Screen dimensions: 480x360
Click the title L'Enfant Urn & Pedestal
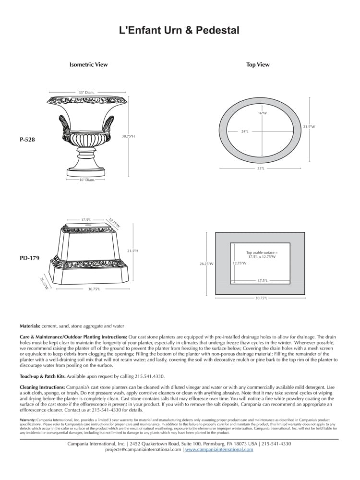point(179,31)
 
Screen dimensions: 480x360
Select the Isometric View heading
point(89,64)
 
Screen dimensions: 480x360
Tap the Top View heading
point(258,65)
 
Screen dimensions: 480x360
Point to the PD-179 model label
point(29,258)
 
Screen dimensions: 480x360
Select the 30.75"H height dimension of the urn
point(128,136)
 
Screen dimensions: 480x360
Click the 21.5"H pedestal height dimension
point(132,251)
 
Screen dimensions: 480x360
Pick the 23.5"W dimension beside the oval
point(309,127)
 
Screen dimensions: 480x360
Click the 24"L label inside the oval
point(245,131)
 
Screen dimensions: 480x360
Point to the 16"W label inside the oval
point(262,113)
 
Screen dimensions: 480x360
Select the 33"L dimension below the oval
point(261,168)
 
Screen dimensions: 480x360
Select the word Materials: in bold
point(30,326)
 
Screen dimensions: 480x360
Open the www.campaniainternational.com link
point(219,450)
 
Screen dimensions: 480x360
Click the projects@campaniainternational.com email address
point(143,450)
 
